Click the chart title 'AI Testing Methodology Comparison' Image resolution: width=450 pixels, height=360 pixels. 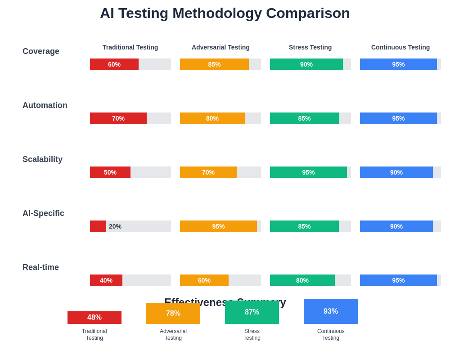[225, 13]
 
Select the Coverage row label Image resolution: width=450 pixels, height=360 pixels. [41, 51]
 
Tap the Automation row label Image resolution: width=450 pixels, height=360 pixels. [45, 105]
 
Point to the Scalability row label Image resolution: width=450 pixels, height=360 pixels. [42, 159]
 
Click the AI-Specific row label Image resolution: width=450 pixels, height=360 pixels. [43, 213]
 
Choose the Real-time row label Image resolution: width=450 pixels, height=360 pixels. [40, 267]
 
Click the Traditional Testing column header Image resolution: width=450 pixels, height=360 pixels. [130, 47]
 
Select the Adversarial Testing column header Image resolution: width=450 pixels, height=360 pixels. [220, 47]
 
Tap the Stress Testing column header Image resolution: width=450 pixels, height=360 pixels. [310, 47]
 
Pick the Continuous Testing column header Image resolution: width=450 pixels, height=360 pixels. [400, 47]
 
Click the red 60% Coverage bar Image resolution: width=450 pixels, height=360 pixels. [114, 64]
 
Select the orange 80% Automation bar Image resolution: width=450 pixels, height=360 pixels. [212, 118]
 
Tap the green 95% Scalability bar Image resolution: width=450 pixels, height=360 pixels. [308, 172]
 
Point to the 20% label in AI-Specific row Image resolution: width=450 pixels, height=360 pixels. [115, 226]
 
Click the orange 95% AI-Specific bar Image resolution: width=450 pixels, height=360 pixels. [218, 226]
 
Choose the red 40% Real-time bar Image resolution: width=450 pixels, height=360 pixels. [106, 280]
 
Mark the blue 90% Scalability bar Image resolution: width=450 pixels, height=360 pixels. [396, 172]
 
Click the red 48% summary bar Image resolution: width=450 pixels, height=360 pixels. [94, 317]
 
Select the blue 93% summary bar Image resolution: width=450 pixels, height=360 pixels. [331, 311]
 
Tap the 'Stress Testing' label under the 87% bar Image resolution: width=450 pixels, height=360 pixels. [252, 334]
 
